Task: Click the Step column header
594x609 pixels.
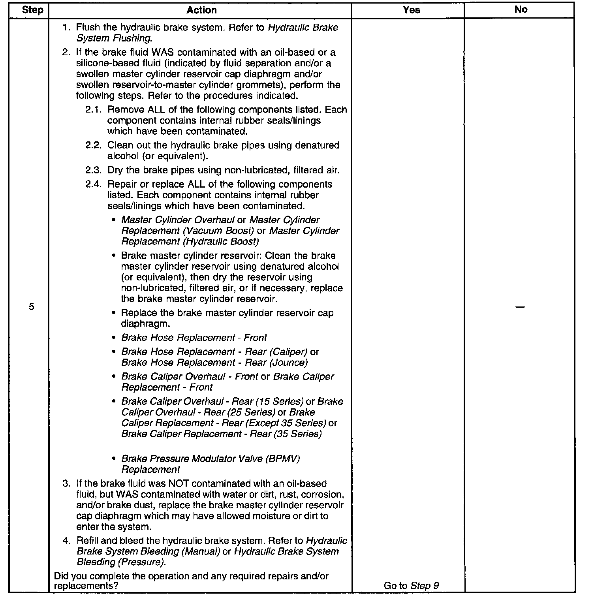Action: pos(32,10)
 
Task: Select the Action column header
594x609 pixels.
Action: pos(201,10)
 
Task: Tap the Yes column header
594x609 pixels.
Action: pos(412,10)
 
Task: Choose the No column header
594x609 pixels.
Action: pos(521,9)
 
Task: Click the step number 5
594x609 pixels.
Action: pos(32,307)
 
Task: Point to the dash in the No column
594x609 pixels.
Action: pos(521,307)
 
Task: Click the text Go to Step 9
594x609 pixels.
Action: pos(411,586)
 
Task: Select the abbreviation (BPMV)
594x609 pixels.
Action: pos(282,459)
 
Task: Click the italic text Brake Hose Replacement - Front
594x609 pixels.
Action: pos(194,338)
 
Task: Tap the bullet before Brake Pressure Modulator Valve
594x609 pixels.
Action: pos(114,459)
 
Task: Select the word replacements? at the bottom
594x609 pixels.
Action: pos(86,586)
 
